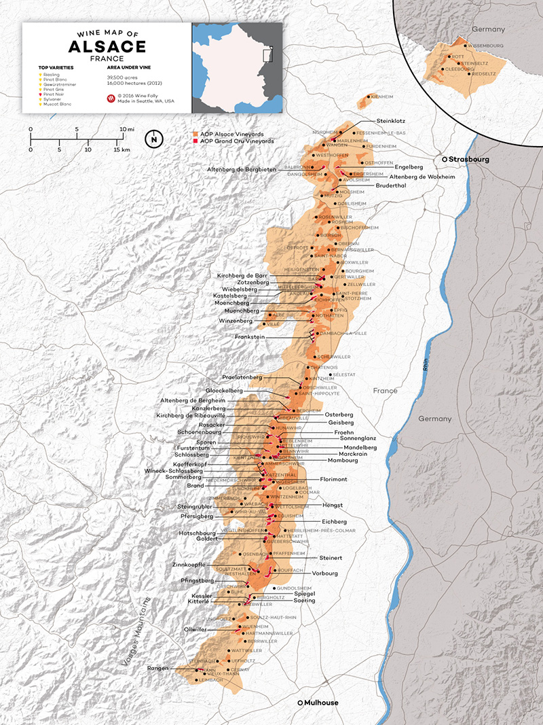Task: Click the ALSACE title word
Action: point(107,46)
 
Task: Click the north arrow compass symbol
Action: point(155,139)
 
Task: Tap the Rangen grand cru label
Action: point(157,669)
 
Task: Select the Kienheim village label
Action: point(382,97)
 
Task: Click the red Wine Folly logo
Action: point(111,99)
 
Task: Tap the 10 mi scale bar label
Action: point(126,128)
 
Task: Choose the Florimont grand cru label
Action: point(333,479)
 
